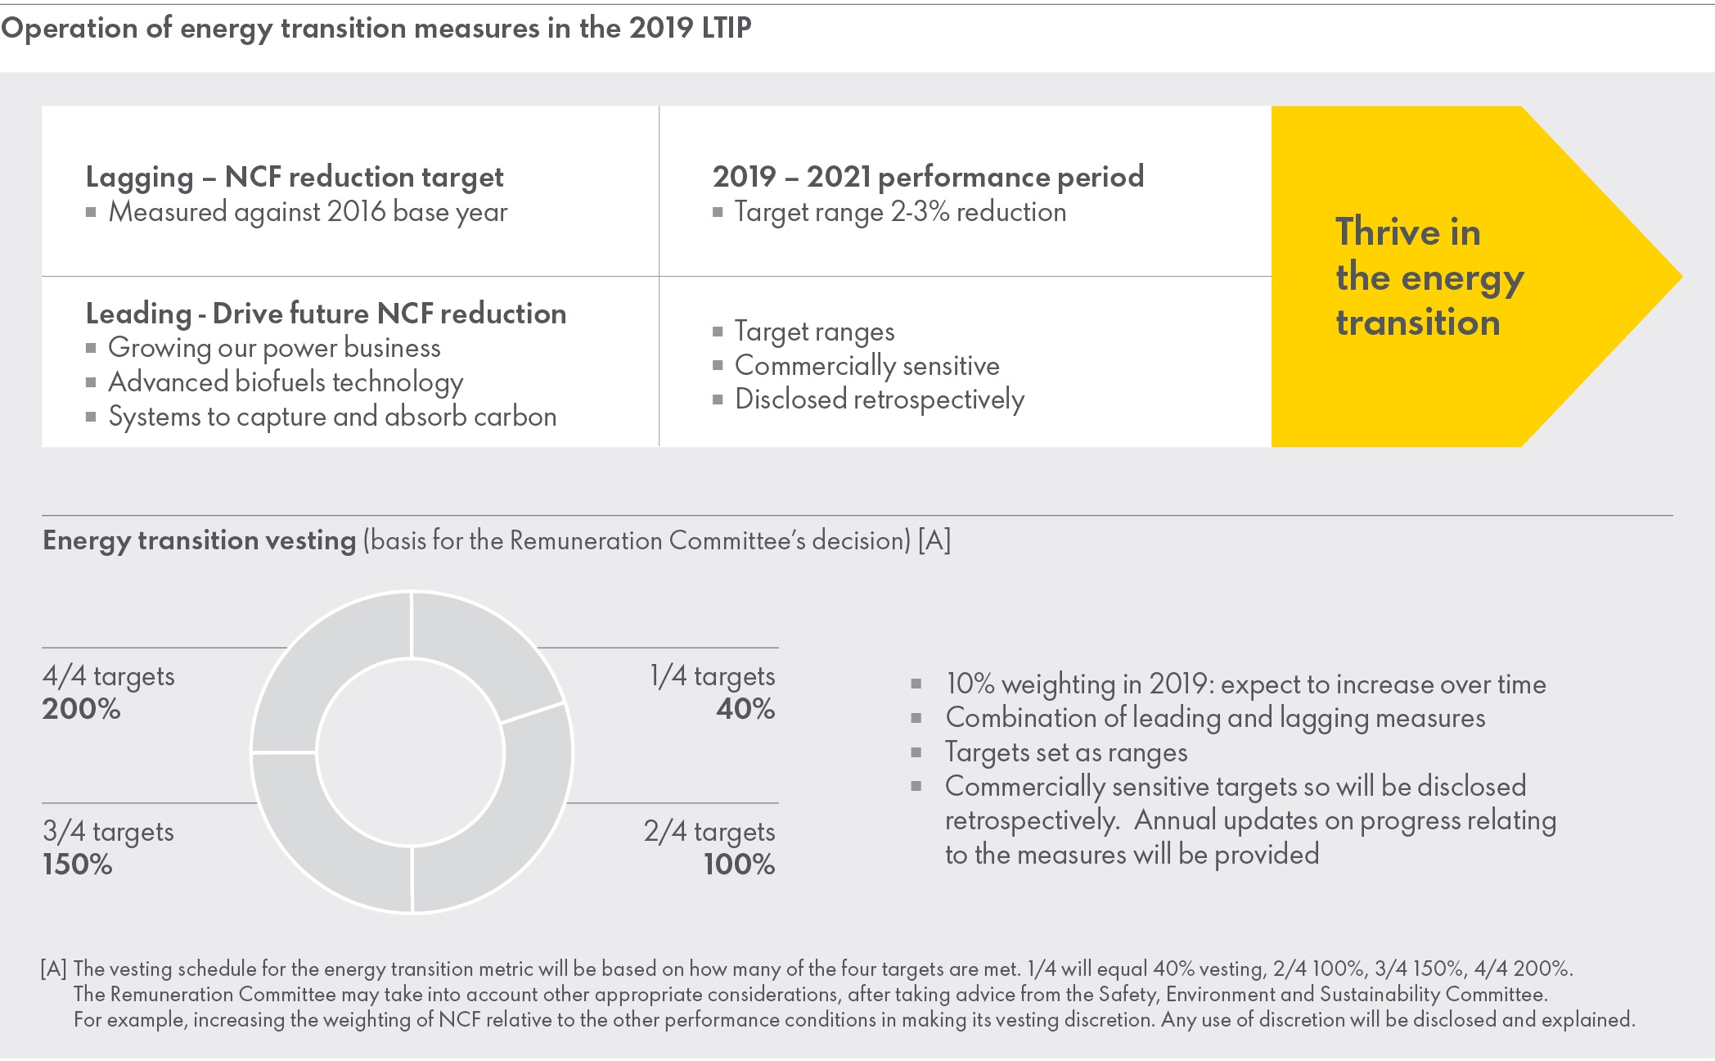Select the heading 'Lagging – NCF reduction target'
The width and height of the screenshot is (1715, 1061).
(x=295, y=177)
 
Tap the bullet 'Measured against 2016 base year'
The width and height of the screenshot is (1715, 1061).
(x=308, y=212)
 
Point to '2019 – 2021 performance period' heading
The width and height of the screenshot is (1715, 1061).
(x=928, y=177)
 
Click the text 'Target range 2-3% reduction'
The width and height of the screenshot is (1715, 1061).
(x=900, y=212)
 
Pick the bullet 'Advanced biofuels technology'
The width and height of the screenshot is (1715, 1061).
(x=286, y=382)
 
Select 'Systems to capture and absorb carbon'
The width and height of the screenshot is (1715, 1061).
(x=332, y=417)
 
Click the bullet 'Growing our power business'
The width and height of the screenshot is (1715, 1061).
(x=274, y=348)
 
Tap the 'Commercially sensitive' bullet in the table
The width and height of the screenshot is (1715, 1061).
(x=867, y=366)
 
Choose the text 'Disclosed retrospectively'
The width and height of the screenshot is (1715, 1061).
(x=879, y=400)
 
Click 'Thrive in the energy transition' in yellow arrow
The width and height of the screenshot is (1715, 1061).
(x=1429, y=277)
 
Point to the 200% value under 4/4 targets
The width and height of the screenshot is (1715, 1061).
(x=82, y=709)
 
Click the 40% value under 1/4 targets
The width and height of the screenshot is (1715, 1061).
(x=745, y=709)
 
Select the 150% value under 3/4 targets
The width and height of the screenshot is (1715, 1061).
(x=78, y=865)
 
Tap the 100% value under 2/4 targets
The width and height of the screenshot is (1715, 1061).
(x=739, y=865)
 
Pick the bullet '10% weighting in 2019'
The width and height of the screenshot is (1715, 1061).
(x=1245, y=684)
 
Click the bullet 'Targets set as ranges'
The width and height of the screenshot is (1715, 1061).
(x=1066, y=752)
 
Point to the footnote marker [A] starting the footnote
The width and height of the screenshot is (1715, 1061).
(x=54, y=969)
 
